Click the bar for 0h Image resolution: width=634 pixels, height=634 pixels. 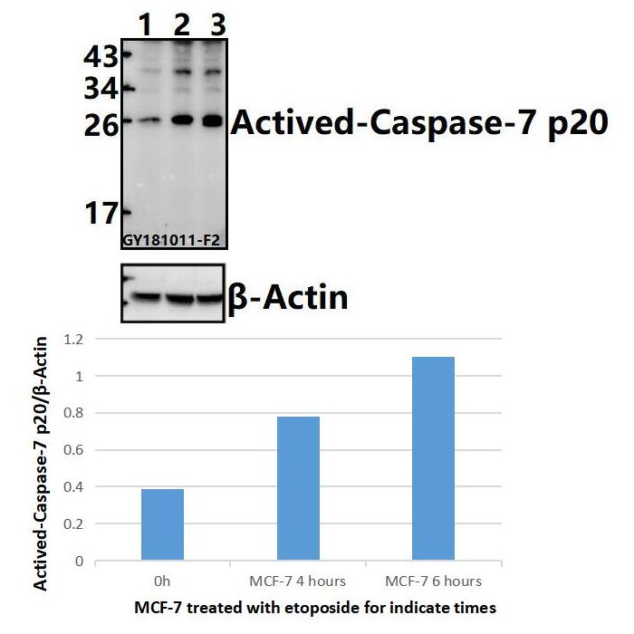162,524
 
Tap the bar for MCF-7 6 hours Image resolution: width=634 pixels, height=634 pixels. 434,458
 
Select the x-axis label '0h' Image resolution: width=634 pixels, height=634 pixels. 162,580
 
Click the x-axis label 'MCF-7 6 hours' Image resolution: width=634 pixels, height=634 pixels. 434,580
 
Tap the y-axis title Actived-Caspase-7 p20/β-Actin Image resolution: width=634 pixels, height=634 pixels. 43,462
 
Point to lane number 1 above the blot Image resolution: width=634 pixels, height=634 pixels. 144,26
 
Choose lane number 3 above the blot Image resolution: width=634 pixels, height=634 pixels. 216,26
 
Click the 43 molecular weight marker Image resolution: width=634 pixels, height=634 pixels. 100,58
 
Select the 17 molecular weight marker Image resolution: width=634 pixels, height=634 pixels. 101,214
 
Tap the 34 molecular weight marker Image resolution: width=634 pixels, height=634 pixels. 100,90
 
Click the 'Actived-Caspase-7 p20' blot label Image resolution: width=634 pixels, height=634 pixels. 419,122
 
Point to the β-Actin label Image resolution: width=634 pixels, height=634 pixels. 287,296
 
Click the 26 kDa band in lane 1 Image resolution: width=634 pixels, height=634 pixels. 147,120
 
